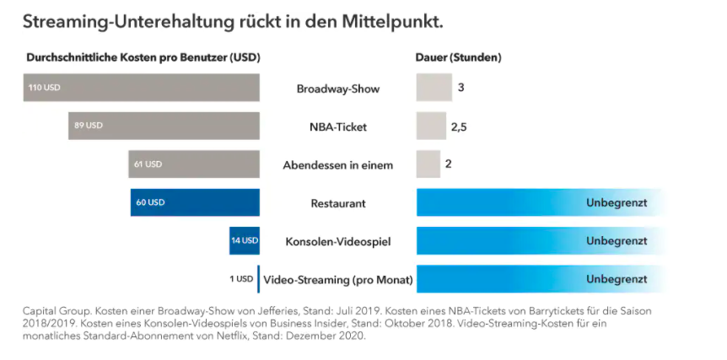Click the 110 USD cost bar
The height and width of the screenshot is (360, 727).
pyautogui.click(x=142, y=88)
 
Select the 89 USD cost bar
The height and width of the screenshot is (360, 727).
pyautogui.click(x=164, y=126)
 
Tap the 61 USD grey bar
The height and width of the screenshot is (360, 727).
pyautogui.click(x=194, y=164)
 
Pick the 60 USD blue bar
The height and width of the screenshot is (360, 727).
pyautogui.click(x=195, y=202)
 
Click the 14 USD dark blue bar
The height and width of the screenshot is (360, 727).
pyautogui.click(x=245, y=240)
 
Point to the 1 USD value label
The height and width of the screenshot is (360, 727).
pyautogui.click(x=241, y=279)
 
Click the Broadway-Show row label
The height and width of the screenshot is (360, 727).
pyautogui.click(x=337, y=89)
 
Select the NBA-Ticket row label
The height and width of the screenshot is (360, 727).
pyautogui.click(x=337, y=126)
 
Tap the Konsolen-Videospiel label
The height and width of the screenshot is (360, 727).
pyautogui.click(x=337, y=241)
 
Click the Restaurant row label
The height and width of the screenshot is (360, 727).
pyautogui.click(x=337, y=203)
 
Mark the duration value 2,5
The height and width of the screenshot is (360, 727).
pyautogui.click(x=459, y=126)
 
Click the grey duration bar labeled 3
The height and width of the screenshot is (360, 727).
pyautogui.click(x=434, y=88)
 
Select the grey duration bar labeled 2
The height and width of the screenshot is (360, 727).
pyautogui.click(x=428, y=164)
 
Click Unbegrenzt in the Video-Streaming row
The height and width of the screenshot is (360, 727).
pyautogui.click(x=617, y=279)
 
